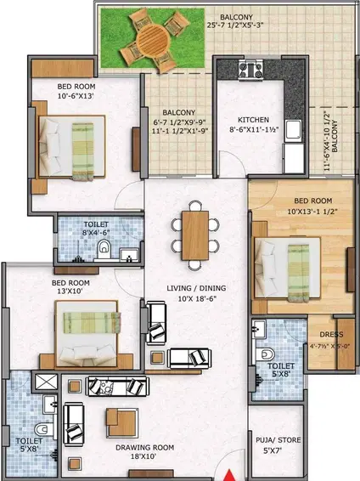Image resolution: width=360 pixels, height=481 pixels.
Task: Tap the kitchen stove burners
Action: [250, 70]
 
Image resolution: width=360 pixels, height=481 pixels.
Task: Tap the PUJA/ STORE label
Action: [274, 440]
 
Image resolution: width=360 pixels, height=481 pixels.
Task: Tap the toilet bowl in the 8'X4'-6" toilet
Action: [103, 248]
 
